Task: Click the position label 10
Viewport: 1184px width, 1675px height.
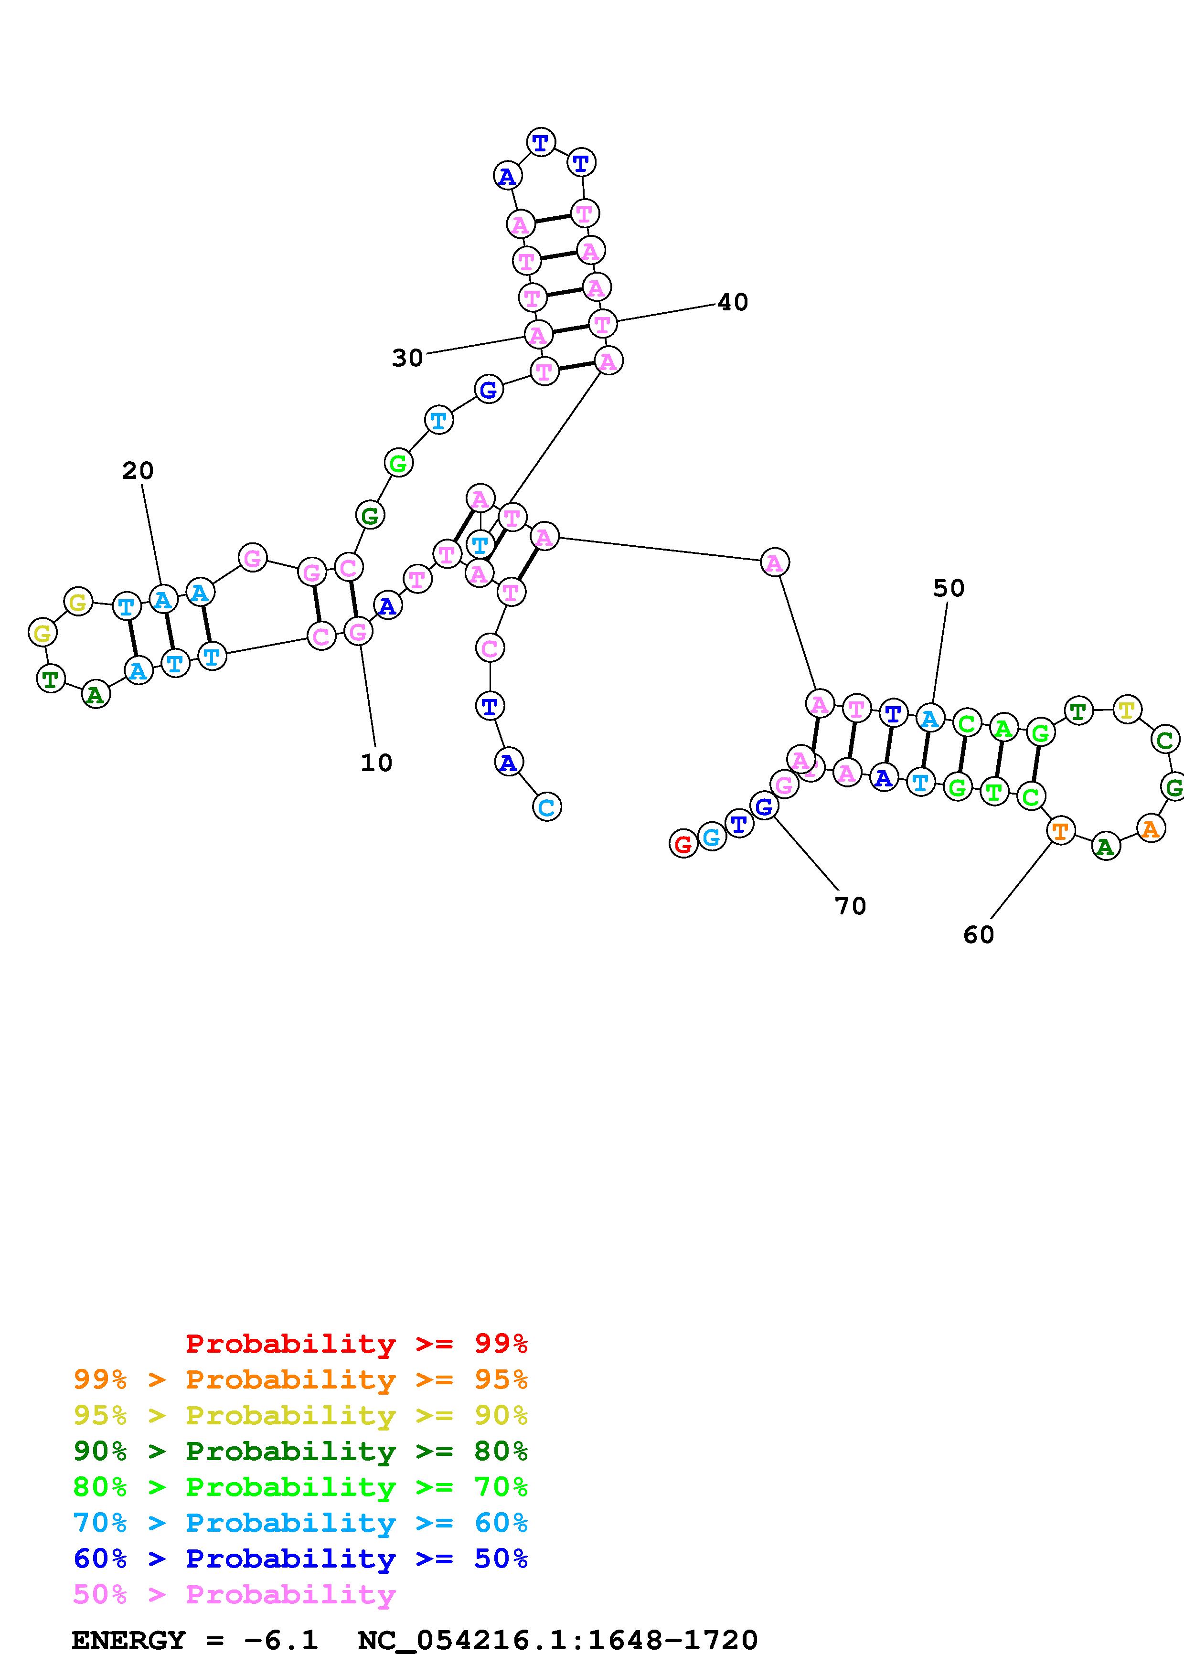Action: click(376, 763)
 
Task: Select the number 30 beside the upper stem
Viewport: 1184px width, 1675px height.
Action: click(407, 358)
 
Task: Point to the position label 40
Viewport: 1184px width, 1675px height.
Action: click(733, 302)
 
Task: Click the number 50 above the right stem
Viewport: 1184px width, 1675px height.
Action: click(949, 588)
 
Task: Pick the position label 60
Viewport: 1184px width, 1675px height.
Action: click(978, 934)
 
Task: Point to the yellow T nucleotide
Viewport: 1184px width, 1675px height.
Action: click(1127, 709)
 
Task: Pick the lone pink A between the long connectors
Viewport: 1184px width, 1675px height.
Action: click(774, 562)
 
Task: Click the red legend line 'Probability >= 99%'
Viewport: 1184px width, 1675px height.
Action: click(356, 1344)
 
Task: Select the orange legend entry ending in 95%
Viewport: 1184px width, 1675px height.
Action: click(300, 1379)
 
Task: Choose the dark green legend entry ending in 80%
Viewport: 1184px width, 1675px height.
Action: click(300, 1451)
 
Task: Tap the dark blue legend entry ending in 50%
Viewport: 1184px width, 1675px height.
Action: click(300, 1558)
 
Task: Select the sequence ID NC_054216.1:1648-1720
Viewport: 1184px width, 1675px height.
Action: click(558, 1641)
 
